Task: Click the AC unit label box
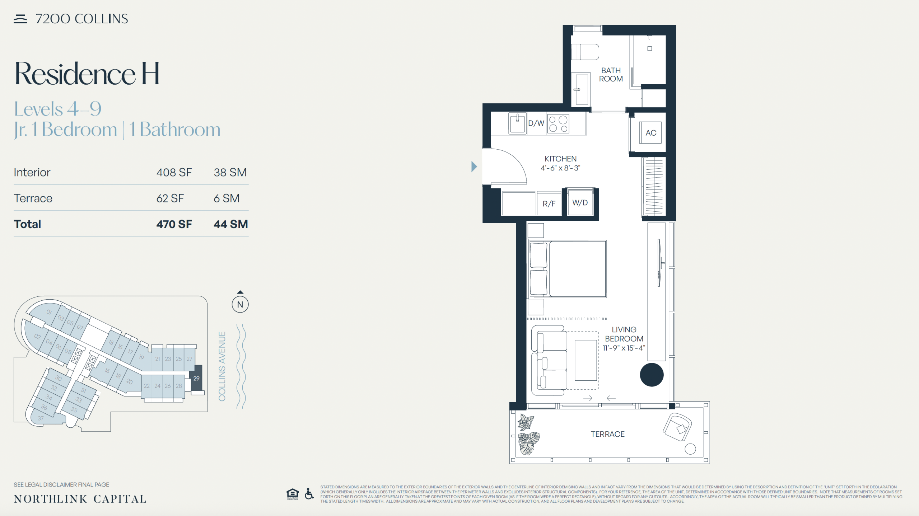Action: tap(650, 133)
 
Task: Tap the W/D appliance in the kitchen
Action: tap(580, 202)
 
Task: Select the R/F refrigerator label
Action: tap(549, 204)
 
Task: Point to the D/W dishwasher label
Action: tap(536, 123)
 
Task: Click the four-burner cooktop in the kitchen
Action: tap(558, 124)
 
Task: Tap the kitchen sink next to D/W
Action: tap(517, 123)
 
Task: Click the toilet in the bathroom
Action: tap(585, 52)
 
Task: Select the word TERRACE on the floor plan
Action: tap(607, 434)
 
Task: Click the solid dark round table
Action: tap(652, 375)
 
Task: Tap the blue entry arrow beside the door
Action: tap(474, 166)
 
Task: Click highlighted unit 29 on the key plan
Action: tap(196, 378)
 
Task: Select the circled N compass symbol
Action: tap(240, 305)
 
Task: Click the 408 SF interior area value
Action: tap(174, 172)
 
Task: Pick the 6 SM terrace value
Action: tap(227, 198)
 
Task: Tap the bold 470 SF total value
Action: tap(174, 224)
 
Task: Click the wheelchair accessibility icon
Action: tap(309, 494)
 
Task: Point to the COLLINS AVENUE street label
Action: tap(222, 366)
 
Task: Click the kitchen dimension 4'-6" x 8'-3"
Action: tap(560, 168)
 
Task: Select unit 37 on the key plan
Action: tap(41, 418)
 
